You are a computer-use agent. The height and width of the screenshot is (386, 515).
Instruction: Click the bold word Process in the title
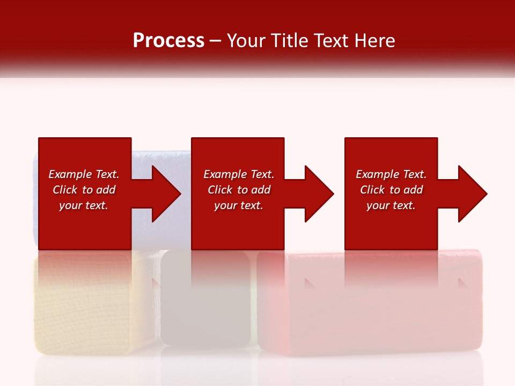[x=168, y=41]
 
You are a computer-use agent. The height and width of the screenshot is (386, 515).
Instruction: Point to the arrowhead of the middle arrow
[x=318, y=194]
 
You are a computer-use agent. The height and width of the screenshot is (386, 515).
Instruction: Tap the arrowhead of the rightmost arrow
[x=472, y=194]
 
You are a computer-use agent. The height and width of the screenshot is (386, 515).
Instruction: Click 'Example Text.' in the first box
[x=84, y=174]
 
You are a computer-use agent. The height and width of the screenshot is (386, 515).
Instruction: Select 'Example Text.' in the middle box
[x=239, y=174]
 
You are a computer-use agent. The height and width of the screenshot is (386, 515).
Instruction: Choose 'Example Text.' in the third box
[x=391, y=174]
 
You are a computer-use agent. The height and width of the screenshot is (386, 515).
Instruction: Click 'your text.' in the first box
[x=84, y=205]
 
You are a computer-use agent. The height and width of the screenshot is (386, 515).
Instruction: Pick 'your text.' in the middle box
[x=239, y=205]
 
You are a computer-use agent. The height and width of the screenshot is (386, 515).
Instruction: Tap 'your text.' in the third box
[x=391, y=205]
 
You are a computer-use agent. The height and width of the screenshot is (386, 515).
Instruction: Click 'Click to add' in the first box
[x=84, y=190]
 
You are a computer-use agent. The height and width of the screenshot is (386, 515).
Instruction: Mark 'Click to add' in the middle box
[x=239, y=190]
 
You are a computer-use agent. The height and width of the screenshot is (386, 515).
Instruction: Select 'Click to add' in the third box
[x=391, y=190]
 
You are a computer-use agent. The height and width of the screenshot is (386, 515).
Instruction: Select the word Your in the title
[x=248, y=41]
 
